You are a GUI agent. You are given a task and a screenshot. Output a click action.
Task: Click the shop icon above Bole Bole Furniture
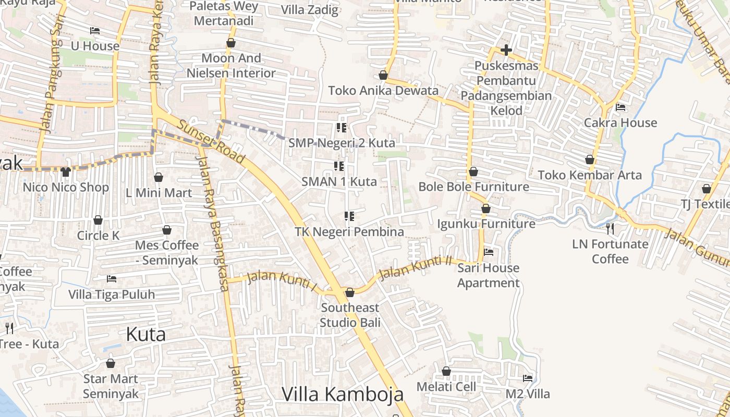point(473,171)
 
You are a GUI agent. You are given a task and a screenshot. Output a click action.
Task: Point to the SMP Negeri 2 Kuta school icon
point(342,128)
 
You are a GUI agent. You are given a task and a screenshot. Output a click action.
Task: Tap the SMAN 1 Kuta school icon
point(339,166)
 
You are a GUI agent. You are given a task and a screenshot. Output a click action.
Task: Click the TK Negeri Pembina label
point(349,231)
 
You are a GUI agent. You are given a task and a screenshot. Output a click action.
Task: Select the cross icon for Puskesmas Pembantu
point(506,51)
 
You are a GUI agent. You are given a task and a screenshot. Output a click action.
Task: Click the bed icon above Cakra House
point(620,107)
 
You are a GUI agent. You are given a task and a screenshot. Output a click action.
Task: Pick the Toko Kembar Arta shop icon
point(590,160)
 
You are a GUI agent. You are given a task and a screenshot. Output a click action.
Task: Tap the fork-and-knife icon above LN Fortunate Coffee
point(610,228)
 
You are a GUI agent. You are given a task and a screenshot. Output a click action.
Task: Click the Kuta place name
point(146,334)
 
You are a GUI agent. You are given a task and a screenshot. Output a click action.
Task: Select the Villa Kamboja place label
point(343,394)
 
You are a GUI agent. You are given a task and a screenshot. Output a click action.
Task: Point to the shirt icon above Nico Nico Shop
point(66,171)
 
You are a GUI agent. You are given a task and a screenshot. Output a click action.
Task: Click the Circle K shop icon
point(98,220)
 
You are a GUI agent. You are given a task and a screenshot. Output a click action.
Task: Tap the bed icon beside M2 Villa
point(528,378)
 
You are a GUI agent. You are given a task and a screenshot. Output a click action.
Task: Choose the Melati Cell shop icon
point(446,371)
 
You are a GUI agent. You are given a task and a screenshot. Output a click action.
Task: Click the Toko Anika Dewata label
point(383,91)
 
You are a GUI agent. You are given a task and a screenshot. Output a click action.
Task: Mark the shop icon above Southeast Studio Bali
point(350,292)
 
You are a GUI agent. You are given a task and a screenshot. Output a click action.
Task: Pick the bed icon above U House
point(95,31)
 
